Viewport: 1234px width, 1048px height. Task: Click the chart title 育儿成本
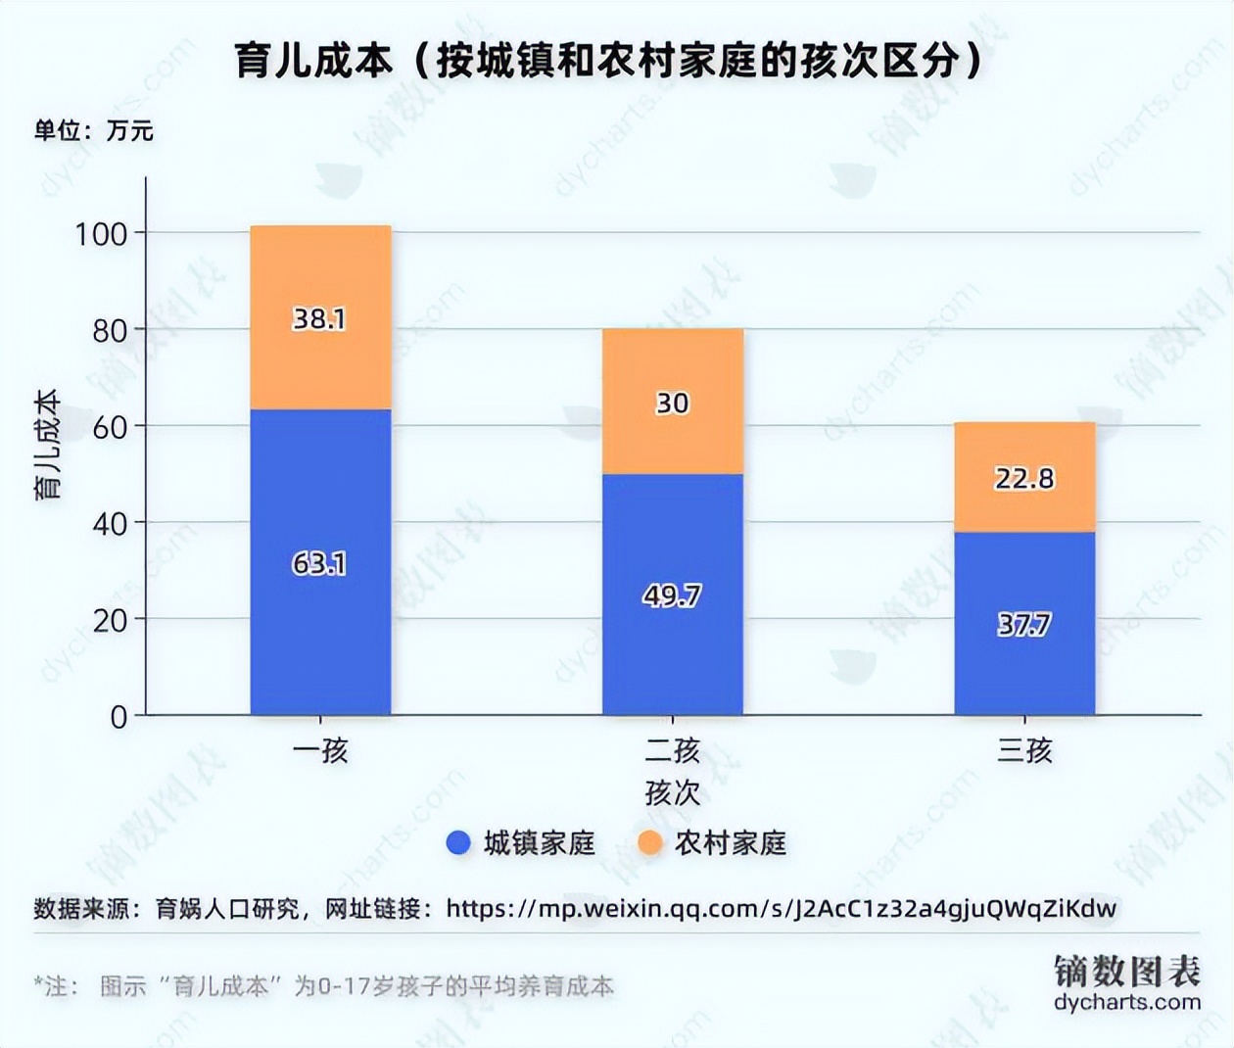click(607, 62)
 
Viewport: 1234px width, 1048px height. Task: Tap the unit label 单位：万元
click(94, 130)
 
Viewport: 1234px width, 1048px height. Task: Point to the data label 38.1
click(319, 319)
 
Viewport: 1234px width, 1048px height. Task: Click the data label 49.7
click(672, 595)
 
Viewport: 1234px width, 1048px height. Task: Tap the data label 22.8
click(1024, 478)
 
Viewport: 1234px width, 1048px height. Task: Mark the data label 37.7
click(1024, 625)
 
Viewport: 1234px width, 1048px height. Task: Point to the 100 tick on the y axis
click(102, 234)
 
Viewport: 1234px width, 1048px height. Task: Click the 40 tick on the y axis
click(110, 524)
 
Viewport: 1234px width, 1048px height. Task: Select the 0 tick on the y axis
click(119, 717)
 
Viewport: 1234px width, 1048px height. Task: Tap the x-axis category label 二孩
click(672, 751)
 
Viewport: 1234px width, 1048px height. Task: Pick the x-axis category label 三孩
click(1024, 751)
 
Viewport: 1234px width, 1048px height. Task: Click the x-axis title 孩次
click(672, 792)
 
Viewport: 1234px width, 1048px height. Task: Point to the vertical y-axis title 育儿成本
click(48, 445)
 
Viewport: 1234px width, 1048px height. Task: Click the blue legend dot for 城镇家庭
click(458, 842)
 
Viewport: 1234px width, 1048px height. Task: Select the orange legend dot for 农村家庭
click(650, 842)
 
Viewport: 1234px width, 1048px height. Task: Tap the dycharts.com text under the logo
click(1127, 1002)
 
